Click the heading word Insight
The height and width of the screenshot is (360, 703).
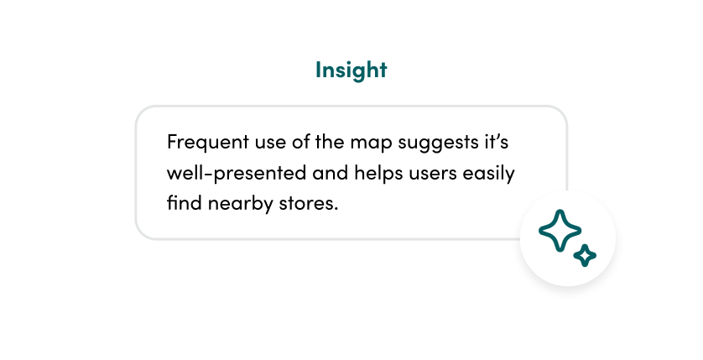click(x=351, y=70)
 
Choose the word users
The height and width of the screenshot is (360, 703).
click(x=430, y=173)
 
